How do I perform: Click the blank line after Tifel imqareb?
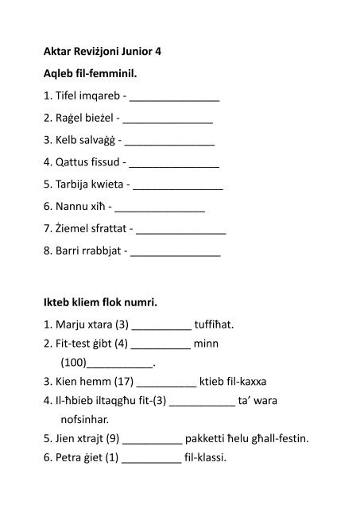[173, 100]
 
